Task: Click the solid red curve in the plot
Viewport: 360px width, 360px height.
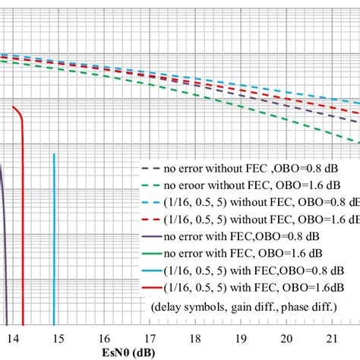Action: click(x=24, y=228)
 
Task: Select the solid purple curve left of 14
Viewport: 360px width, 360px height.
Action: click(x=4, y=251)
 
